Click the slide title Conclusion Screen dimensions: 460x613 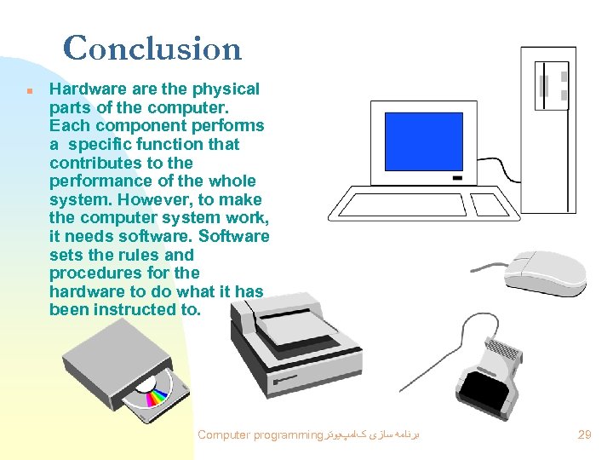click(152, 49)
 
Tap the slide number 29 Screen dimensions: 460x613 click(585, 434)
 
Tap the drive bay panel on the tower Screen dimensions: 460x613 click(551, 85)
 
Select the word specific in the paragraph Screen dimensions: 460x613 click(105, 145)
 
